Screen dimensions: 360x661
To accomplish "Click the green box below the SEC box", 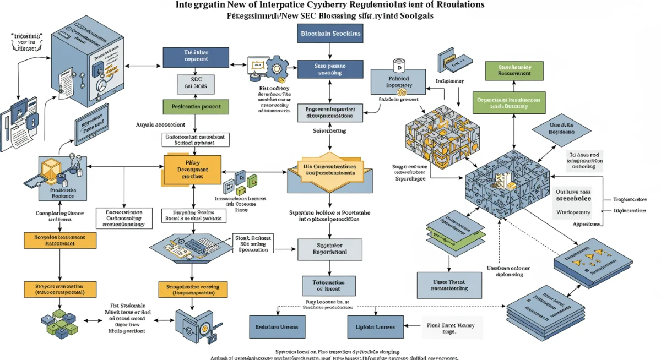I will [192, 106].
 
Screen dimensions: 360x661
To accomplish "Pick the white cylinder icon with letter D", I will [398, 66].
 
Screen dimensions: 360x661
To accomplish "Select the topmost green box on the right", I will [514, 70].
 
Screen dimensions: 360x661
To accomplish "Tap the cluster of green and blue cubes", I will [62, 321].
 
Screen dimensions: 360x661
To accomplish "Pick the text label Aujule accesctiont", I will [160, 124].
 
